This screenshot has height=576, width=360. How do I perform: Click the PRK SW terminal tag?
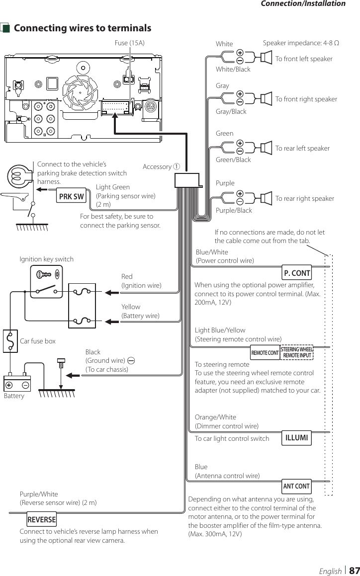click(72, 196)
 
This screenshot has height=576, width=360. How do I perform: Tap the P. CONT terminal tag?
click(297, 273)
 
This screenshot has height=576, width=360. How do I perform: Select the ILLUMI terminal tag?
click(297, 438)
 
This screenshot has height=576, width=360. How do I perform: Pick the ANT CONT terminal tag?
click(296, 486)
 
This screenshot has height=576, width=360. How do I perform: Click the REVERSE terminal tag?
click(42, 519)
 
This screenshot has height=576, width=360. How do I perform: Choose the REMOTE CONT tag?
click(265, 353)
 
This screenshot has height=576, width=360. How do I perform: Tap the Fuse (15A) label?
click(130, 43)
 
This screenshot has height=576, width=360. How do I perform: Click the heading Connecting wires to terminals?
click(83, 28)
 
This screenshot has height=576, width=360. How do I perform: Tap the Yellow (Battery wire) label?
click(141, 311)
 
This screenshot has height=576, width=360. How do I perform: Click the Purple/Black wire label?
click(234, 210)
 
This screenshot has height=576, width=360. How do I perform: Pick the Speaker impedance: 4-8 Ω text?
click(301, 44)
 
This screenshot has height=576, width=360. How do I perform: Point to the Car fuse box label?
click(38, 341)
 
